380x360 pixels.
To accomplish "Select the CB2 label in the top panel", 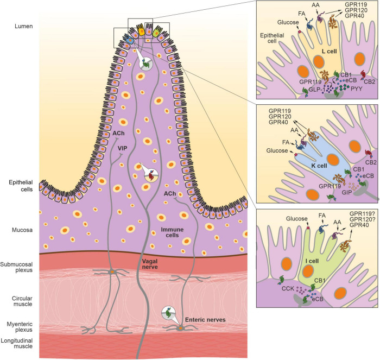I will [370, 81].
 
